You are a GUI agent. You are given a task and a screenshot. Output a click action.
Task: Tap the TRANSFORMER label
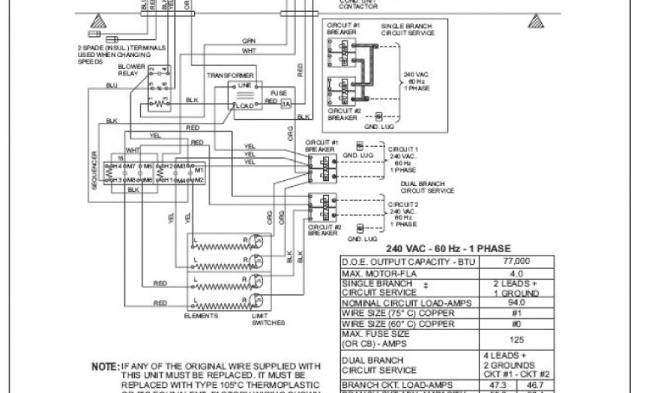(230, 76)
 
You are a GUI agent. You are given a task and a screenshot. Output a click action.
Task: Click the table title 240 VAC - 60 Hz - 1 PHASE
(448, 249)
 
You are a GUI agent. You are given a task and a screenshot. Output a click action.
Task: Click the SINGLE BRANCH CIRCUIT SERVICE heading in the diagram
(404, 29)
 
